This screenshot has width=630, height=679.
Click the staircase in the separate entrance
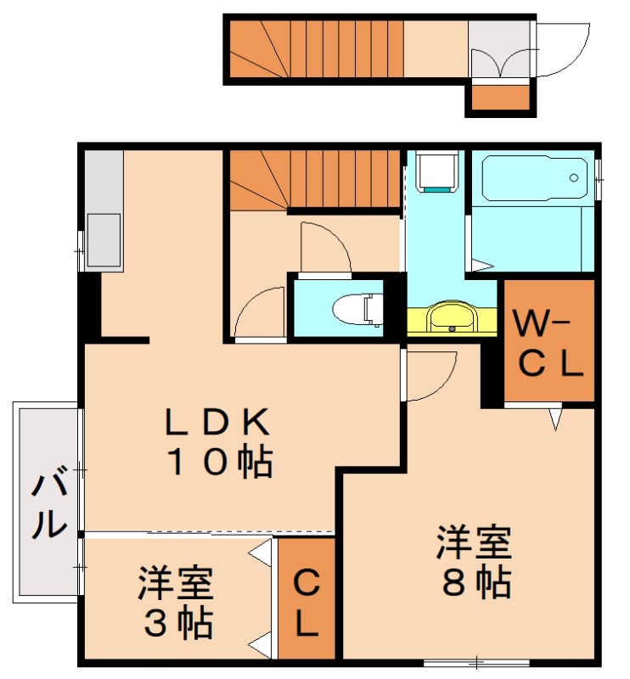coord(314,49)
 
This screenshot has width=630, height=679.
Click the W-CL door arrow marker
coord(556,418)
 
